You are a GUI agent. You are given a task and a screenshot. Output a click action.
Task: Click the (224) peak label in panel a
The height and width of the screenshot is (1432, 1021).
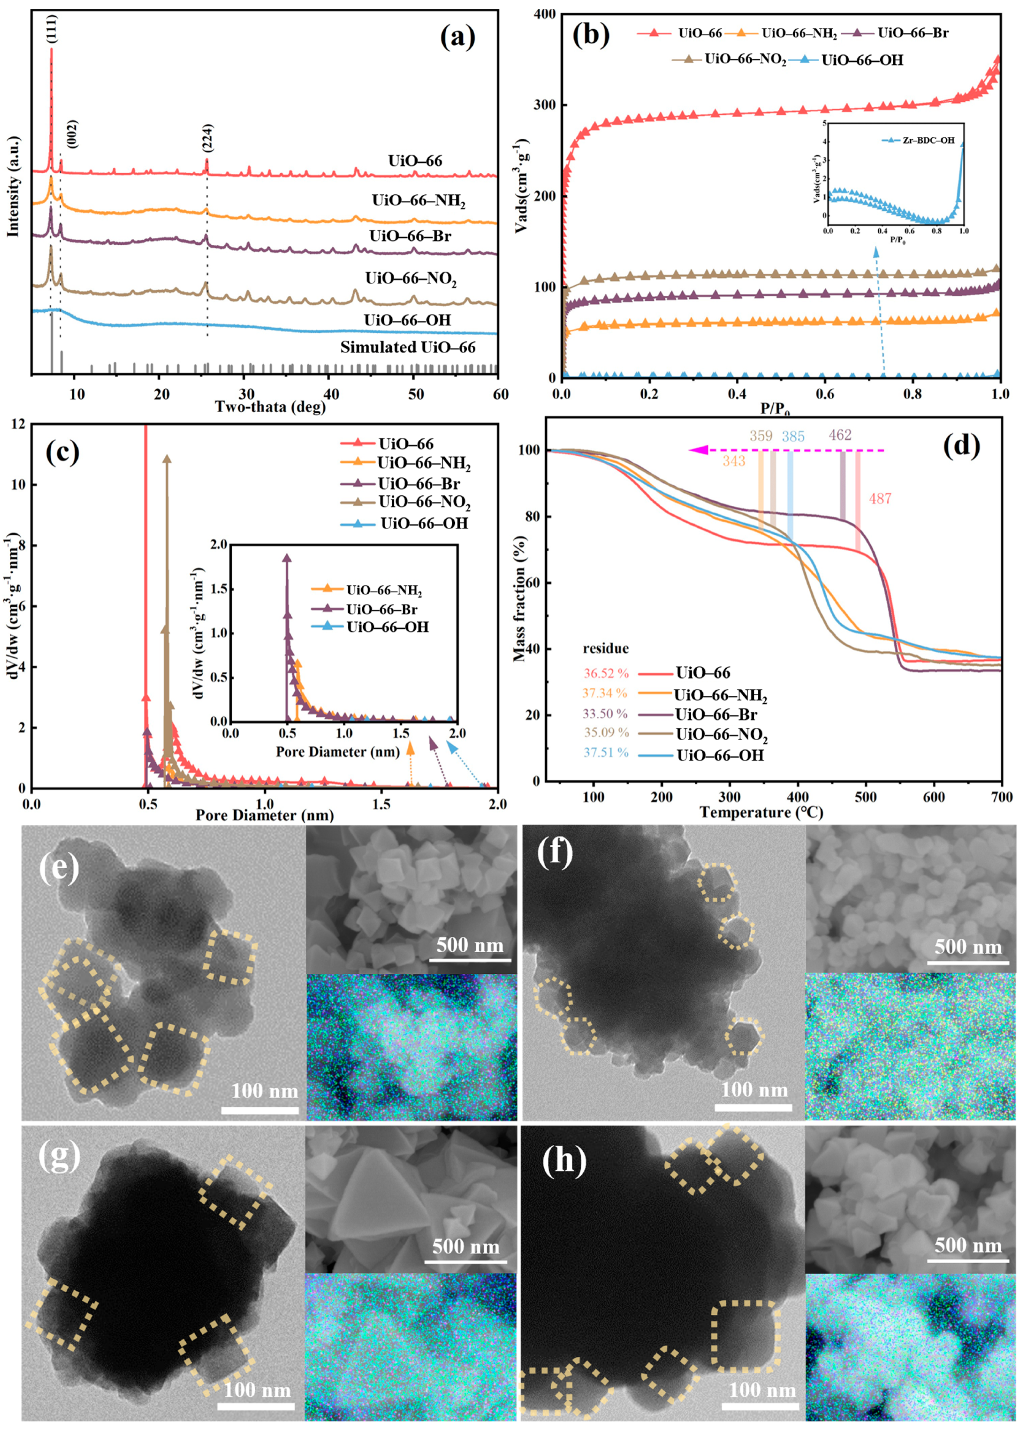coord(207,138)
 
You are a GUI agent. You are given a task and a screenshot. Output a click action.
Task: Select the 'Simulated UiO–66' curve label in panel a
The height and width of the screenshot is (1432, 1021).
coord(408,348)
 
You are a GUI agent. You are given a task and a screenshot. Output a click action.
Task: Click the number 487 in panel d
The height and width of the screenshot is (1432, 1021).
coord(880,499)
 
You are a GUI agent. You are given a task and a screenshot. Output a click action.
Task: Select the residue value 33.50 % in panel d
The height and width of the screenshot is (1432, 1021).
coord(605,714)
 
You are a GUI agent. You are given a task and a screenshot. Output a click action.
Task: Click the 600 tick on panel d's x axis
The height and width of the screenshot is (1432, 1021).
coord(934,798)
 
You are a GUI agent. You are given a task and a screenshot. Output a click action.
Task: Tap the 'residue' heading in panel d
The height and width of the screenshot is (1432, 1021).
coord(605,648)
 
